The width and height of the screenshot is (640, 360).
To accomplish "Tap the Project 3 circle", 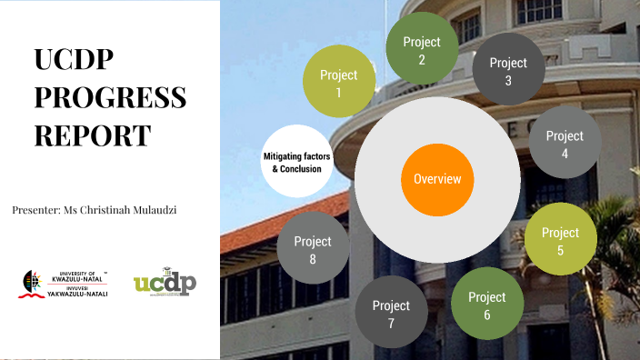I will click(508, 70).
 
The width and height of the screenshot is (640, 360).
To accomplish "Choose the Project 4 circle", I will click(565, 143).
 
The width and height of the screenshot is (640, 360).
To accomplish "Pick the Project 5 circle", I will click(560, 239).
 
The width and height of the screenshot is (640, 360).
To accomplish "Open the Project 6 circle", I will click(486, 304).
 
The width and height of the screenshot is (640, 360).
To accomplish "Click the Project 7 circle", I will click(391, 312).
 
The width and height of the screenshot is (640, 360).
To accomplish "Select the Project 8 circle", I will click(313, 249).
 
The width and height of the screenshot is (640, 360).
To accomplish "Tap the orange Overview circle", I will click(437, 178).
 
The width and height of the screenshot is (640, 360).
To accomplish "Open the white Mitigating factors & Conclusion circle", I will click(296, 162).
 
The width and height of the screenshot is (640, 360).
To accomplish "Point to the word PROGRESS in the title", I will click(110, 97).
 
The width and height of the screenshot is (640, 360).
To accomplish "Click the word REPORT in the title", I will click(93, 135).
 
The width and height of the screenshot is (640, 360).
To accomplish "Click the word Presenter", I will click(35, 209).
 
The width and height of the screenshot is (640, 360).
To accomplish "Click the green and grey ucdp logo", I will click(165, 283).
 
